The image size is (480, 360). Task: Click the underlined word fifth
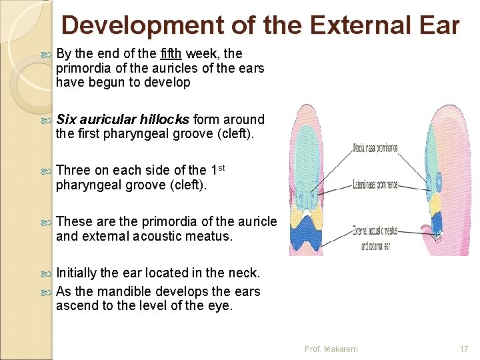point(174,53)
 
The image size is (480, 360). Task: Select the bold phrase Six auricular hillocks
point(123,119)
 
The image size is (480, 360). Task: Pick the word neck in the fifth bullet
point(245,272)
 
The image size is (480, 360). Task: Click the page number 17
point(464,349)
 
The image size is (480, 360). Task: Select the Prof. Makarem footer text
point(331,349)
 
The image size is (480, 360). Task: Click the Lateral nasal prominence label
point(375,184)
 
